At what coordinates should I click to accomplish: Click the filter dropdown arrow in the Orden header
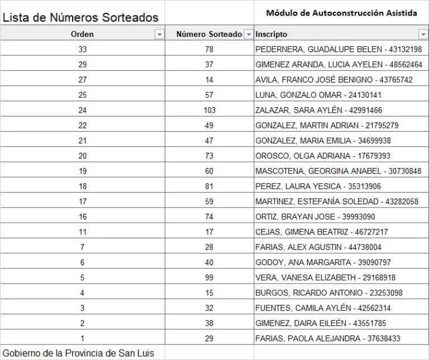point(160,35)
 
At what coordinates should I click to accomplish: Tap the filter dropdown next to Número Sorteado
point(249,35)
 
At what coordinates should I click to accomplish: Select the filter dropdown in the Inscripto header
point(423,35)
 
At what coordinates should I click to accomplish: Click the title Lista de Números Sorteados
point(80,18)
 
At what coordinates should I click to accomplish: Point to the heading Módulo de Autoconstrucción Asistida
point(341,13)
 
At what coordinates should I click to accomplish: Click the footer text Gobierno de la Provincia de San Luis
point(78,353)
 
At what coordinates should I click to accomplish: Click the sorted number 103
point(209,110)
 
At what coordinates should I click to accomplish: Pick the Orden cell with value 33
point(83,49)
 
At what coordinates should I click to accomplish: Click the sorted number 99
point(209,277)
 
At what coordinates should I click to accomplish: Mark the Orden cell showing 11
point(83,232)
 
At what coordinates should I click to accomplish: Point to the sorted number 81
point(209,186)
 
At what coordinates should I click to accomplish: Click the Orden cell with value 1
point(83,338)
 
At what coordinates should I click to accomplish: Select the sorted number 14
point(209,80)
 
